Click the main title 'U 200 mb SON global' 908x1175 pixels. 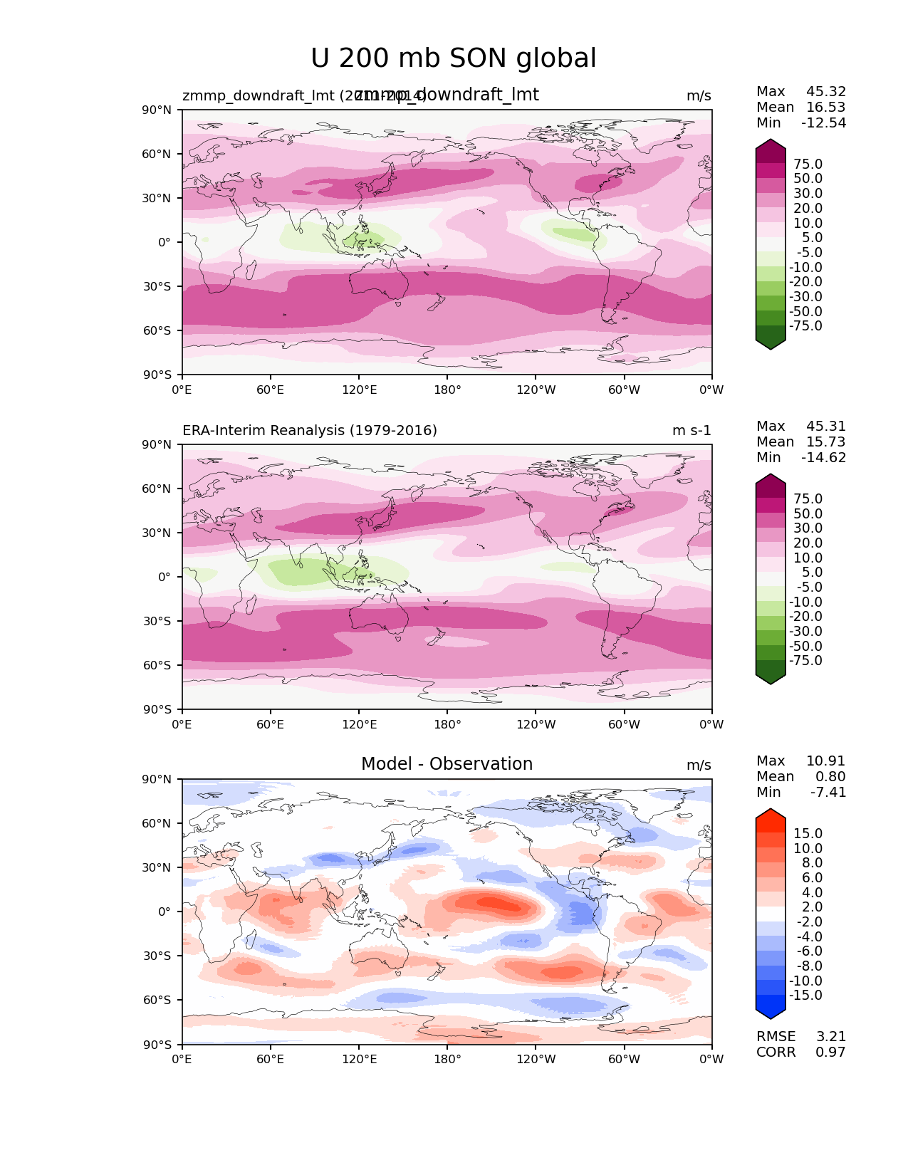(454, 58)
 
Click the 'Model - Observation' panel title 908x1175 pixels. (447, 764)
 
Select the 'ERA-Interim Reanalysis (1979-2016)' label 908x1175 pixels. (310, 431)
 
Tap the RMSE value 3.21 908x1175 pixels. (830, 1037)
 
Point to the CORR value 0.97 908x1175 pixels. (830, 1053)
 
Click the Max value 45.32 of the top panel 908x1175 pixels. (826, 92)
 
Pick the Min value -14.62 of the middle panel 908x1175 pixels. (824, 458)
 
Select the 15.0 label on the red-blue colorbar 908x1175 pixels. (808, 834)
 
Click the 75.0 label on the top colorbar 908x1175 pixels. (808, 164)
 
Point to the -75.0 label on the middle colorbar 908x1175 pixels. (805, 661)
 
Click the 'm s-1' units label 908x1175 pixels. (692, 431)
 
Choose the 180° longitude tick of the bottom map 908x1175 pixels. (447, 1060)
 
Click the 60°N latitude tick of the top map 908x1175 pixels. (157, 155)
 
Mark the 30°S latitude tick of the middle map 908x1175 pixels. (157, 622)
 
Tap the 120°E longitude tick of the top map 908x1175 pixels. (360, 390)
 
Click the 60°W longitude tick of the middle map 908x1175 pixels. (624, 725)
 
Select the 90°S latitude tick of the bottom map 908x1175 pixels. (157, 1045)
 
